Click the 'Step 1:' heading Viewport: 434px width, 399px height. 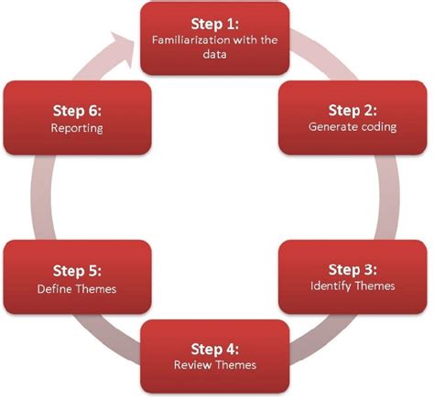tap(215, 24)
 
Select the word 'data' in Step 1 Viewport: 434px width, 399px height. tap(214, 54)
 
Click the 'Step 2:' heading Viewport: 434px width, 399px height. tap(353, 111)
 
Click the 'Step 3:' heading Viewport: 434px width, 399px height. tap(353, 270)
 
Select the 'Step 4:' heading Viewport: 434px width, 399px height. tap(215, 350)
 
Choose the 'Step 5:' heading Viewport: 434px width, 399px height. tap(77, 271)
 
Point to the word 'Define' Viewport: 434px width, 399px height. tap(54, 289)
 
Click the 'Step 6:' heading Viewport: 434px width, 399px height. tap(77, 111)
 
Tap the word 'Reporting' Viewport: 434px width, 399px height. tap(77, 128)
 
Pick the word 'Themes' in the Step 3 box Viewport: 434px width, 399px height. tap(375, 286)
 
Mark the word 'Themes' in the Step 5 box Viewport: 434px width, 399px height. tap(96, 289)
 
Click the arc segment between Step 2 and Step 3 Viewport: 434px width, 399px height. tap(387, 197)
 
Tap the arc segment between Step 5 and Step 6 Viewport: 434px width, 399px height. tap(41, 197)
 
